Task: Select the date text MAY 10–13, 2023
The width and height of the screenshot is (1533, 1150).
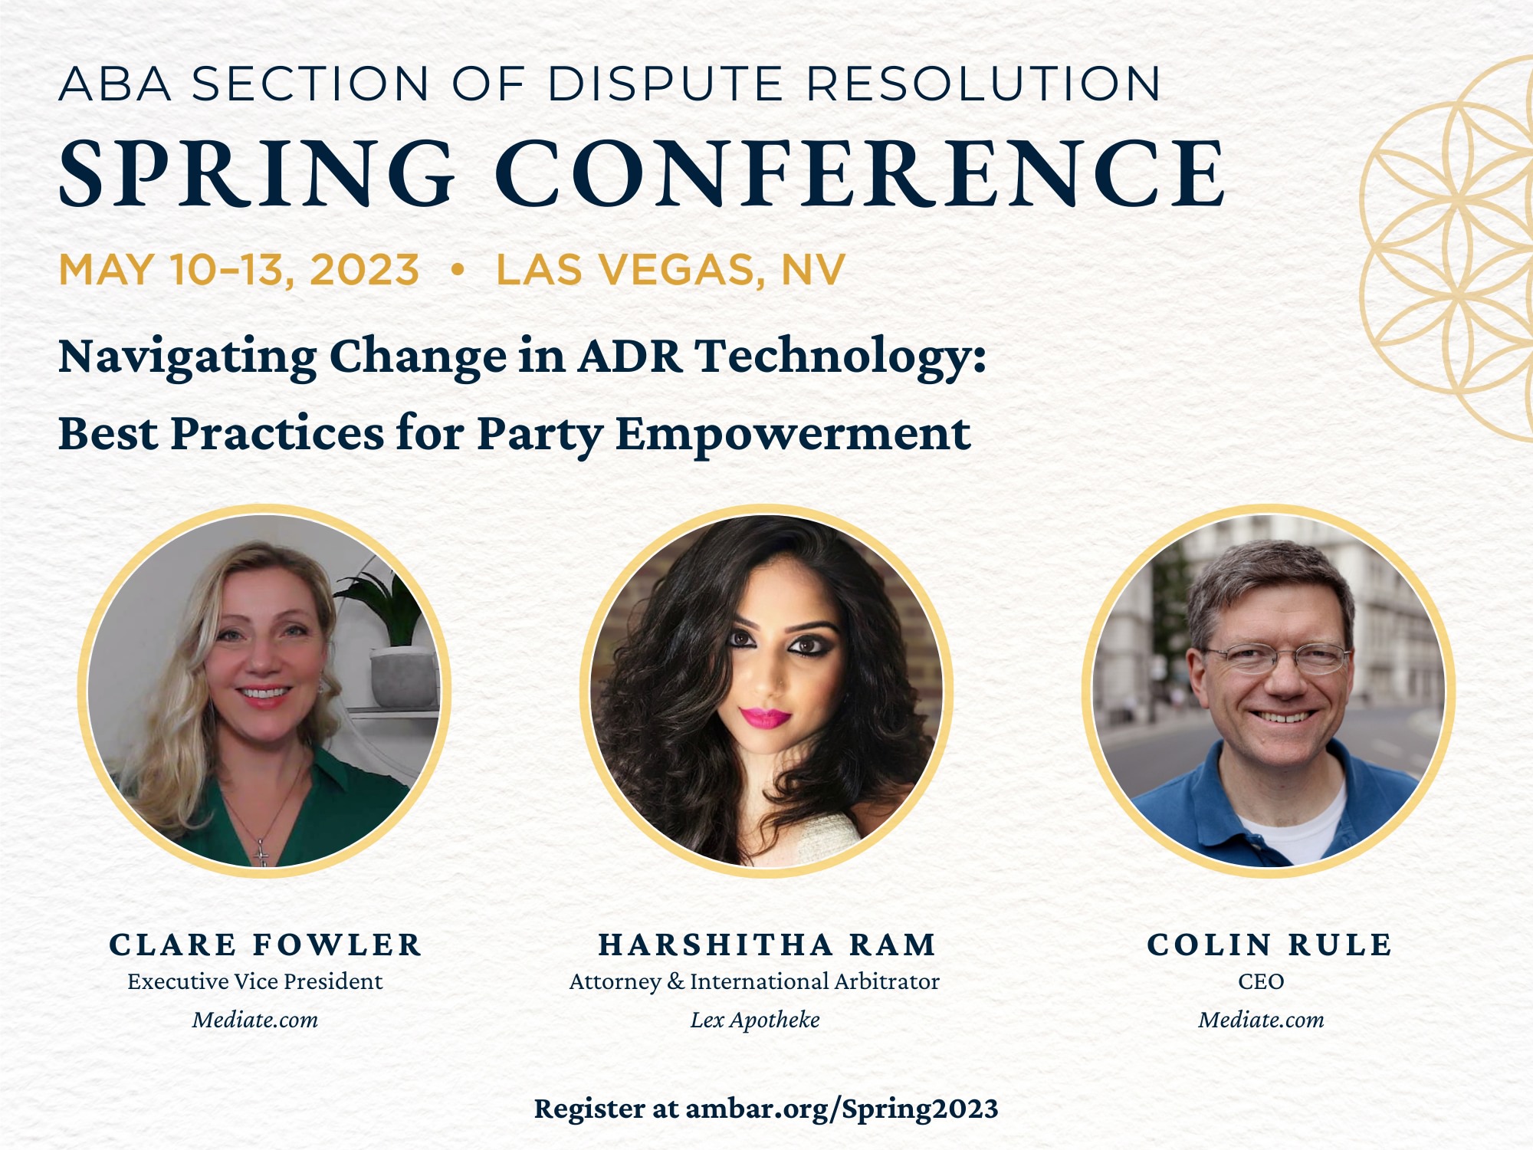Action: coord(239,270)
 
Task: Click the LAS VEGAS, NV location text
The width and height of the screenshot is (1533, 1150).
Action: coord(671,270)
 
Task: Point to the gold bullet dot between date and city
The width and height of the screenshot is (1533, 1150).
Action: coord(458,270)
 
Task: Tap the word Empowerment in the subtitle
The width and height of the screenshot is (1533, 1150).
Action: coord(793,434)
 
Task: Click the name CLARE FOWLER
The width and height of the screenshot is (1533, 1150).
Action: coord(265,945)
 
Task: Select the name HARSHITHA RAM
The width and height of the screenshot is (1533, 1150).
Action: coord(767,945)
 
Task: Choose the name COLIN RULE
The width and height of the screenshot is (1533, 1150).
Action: coord(1269,945)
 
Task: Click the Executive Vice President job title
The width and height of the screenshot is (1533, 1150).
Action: coord(255,981)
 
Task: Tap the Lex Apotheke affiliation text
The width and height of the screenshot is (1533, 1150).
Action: coord(755,1020)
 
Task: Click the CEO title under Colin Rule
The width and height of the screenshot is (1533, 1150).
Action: coord(1261,981)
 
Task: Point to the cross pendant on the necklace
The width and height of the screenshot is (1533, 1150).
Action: coord(261,852)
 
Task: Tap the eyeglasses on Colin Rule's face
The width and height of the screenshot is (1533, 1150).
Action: coord(1276,658)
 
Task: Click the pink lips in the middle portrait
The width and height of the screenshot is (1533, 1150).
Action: coord(764,718)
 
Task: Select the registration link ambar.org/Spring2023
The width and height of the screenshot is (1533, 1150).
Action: coord(842,1109)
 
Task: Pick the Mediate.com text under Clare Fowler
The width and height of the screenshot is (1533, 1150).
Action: coord(255,1020)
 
